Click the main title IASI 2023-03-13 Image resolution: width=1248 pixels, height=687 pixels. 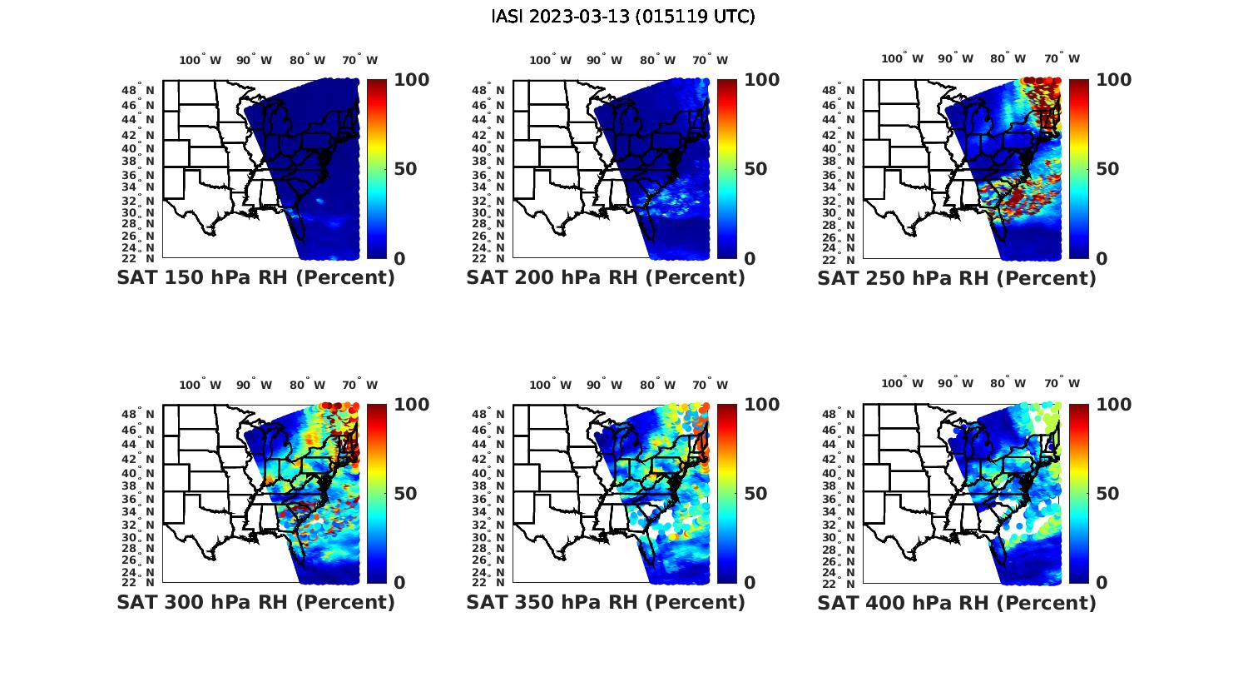pos(623,17)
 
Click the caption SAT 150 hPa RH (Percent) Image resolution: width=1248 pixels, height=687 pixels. pos(255,278)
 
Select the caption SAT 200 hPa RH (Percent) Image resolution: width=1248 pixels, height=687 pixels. pos(606,278)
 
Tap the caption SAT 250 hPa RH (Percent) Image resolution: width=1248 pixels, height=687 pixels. pos(957,278)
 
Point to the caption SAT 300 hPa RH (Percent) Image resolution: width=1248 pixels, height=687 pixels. pos(255,602)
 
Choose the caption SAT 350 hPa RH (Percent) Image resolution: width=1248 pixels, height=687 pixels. pos(606,602)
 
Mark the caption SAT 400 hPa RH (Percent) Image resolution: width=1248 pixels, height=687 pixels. pos(957,602)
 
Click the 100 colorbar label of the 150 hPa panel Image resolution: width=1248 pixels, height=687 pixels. pos(411,80)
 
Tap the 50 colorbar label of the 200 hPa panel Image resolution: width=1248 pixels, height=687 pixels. pos(755,169)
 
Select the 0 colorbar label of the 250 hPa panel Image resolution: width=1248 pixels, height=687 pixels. pos(1102,259)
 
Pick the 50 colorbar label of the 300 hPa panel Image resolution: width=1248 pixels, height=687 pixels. pos(405,494)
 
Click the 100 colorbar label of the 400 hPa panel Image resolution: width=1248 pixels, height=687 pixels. pos(1113,405)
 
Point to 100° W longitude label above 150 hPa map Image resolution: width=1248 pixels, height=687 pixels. pos(201,60)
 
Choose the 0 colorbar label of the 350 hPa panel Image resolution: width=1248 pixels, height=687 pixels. pos(750,583)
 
